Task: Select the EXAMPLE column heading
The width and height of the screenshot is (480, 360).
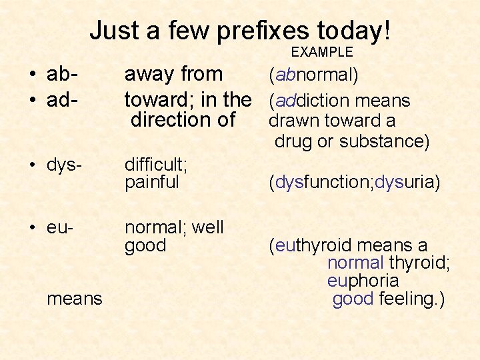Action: [x=323, y=52]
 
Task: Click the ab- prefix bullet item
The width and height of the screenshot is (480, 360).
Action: [x=64, y=75]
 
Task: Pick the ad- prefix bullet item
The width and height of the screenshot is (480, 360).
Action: [x=64, y=100]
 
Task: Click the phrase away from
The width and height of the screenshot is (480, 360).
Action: [x=174, y=75]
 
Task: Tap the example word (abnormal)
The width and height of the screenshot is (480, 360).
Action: [x=313, y=75]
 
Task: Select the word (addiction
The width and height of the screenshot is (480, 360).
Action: [x=307, y=101]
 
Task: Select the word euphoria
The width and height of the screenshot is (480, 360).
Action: [x=363, y=281]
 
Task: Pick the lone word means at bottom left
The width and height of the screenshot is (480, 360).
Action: [x=75, y=299]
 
